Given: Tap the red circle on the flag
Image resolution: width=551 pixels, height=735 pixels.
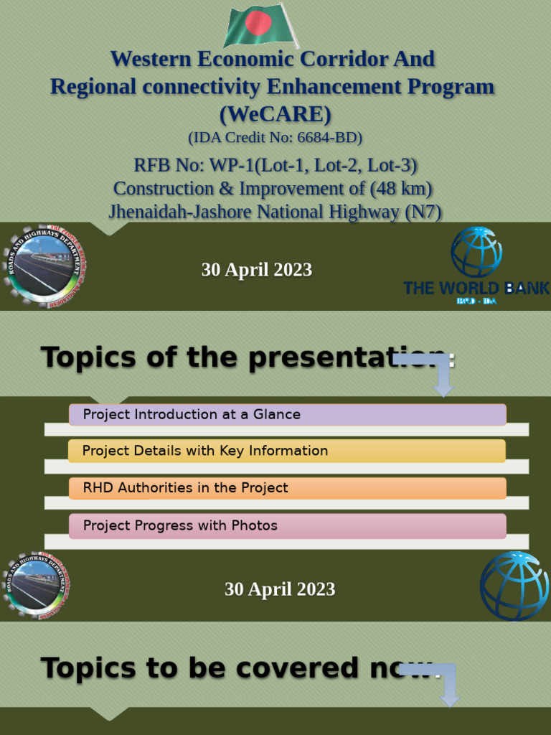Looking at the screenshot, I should point(258,24).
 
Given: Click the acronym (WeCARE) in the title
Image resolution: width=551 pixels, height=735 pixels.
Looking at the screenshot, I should point(275,113).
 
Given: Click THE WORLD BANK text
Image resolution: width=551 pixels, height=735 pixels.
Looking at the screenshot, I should point(476,288).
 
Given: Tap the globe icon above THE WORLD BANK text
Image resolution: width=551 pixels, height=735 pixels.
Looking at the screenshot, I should point(476,251).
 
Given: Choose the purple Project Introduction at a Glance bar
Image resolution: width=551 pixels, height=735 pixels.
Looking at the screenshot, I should point(287,414).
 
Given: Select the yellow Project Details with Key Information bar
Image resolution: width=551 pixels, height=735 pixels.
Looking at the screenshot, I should point(287,451).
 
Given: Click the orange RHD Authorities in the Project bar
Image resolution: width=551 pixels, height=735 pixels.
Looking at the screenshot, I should point(287,488).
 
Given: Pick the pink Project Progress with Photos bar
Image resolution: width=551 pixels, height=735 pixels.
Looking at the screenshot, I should point(287,525).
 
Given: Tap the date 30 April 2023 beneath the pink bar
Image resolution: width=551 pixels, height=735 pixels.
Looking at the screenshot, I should point(280,589).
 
